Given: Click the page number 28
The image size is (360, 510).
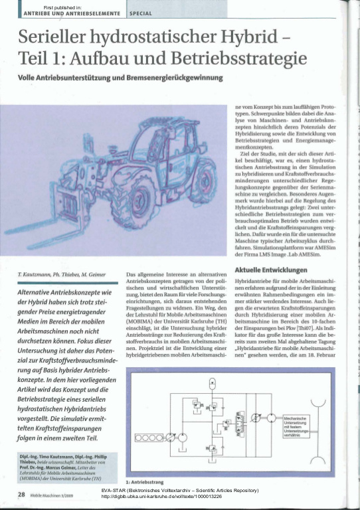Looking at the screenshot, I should point(21,494).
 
